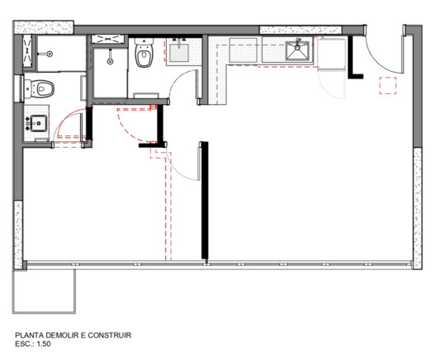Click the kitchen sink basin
(298, 50)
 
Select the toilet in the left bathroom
(40, 87)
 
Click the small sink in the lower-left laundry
(38, 124)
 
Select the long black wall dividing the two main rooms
(204, 202)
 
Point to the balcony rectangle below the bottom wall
(44, 290)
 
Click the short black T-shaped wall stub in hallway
(151, 145)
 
